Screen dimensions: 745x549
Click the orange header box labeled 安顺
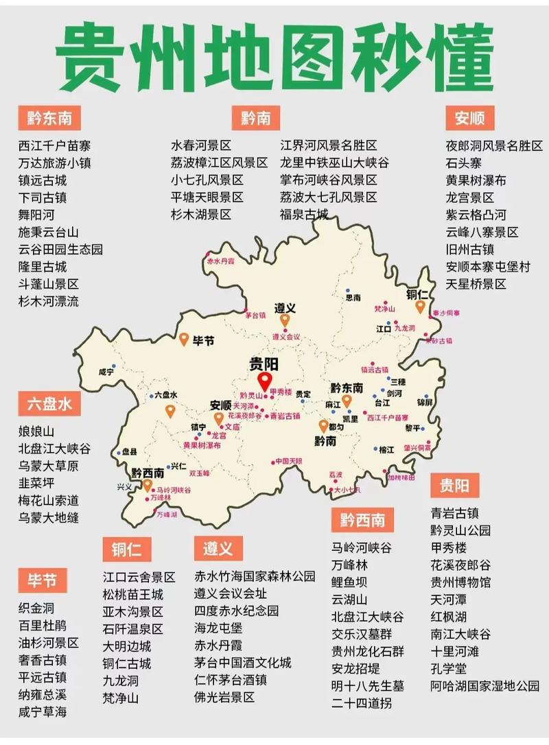tap(469, 118)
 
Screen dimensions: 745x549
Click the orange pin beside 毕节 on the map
tap(184, 339)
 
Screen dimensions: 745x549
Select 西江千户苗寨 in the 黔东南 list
tap(54, 146)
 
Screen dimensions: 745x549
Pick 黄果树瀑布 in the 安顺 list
tap(476, 180)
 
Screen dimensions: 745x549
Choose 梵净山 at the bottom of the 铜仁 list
tap(121, 698)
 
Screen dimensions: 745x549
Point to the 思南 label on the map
tap(353, 298)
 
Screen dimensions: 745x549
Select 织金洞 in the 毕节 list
tap(36, 608)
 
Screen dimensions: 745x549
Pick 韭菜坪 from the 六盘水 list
tap(36, 483)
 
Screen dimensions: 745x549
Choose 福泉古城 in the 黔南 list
tap(304, 215)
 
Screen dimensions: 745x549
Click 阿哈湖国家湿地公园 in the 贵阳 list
tap(484, 685)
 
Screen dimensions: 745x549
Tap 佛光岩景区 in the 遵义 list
tap(224, 697)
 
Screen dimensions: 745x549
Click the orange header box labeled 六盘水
tap(49, 404)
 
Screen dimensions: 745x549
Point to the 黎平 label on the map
tap(412, 428)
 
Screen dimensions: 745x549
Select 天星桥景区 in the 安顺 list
tap(476, 283)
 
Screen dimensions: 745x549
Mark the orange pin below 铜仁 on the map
tap(420, 307)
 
